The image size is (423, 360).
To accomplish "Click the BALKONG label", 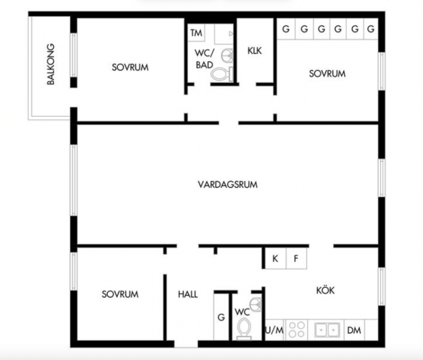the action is (51, 65).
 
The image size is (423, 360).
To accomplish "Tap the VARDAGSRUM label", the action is (228, 185).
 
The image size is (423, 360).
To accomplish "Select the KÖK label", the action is (326, 290).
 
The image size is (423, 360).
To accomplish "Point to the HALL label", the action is (188, 294).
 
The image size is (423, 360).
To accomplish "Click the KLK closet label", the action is (255, 50).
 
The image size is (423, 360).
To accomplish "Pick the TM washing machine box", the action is (197, 33).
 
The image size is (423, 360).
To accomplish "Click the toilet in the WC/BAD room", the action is (222, 74).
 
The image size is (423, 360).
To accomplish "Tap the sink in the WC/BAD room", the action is (228, 56).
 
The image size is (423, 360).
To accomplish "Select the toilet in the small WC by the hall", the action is (244, 329).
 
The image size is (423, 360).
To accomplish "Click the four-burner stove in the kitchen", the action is (296, 330).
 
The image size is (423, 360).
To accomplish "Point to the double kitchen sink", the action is (327, 330).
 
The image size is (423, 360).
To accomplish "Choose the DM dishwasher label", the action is (354, 330).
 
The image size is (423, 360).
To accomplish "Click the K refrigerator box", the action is (275, 258).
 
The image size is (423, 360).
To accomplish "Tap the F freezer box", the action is (296, 258).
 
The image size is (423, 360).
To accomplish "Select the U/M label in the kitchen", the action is (275, 330).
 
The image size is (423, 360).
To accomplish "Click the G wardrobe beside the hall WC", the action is (221, 317).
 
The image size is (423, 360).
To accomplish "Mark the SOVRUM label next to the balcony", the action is (130, 67).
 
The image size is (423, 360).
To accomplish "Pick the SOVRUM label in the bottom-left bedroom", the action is (120, 294).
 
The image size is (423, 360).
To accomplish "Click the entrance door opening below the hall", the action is (186, 344).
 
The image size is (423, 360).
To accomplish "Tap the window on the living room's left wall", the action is (74, 180).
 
